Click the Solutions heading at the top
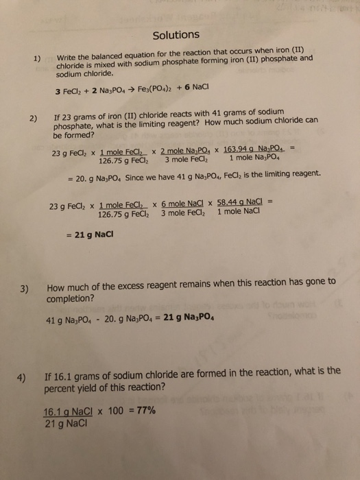click(176, 34)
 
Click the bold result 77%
click(145, 411)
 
